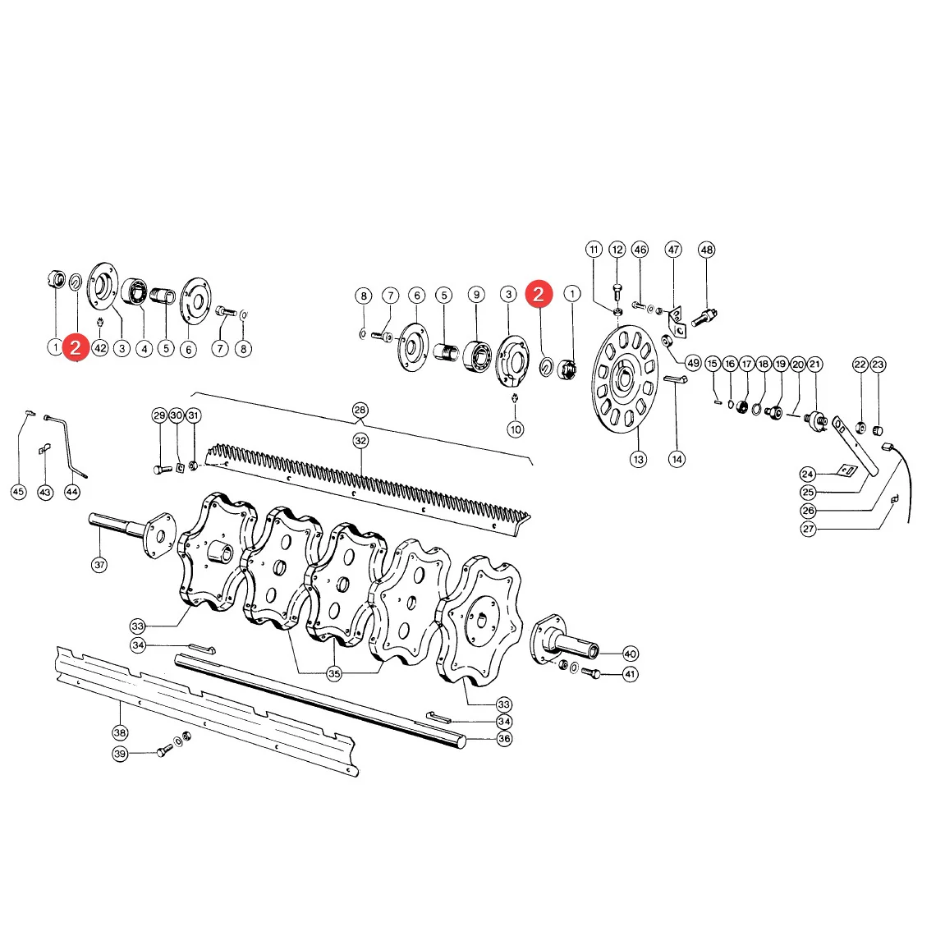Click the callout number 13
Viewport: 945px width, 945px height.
[638, 459]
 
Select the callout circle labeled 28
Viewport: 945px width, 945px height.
[360, 410]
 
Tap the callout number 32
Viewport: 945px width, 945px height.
[360, 441]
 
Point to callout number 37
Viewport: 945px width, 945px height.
[99, 565]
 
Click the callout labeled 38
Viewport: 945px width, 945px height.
[120, 733]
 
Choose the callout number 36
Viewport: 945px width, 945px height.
[504, 738]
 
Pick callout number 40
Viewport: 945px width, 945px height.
[631, 654]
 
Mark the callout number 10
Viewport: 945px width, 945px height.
[516, 429]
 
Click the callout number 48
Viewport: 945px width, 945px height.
[706, 250]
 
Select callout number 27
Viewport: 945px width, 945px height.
[808, 529]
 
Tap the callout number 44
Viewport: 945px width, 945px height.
[71, 492]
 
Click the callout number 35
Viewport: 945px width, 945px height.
[334, 674]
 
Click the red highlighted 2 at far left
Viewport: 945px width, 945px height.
[76, 348]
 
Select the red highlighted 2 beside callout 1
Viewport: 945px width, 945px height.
[539, 294]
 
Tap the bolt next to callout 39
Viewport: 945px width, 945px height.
[164, 751]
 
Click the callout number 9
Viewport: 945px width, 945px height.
[477, 295]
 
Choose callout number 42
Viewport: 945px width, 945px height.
[100, 348]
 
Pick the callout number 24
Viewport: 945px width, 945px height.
[808, 474]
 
